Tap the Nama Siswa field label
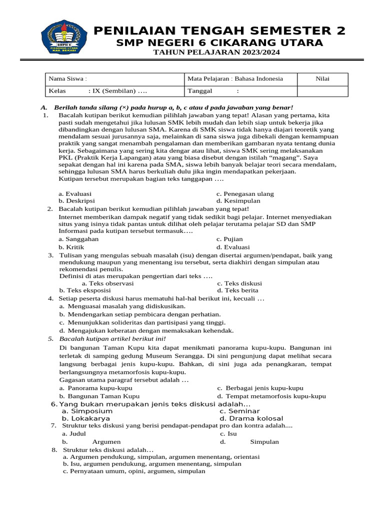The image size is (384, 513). pos(67,79)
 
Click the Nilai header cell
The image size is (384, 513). pos(322,79)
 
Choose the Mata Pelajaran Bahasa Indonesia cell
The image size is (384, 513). pos(235,79)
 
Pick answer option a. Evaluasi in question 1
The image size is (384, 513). pos(75,194)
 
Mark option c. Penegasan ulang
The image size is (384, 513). pos(245,194)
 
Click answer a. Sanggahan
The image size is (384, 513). pos(78,239)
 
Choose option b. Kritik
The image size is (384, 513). pos(71,247)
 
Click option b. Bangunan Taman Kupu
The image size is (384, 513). pos(99,396)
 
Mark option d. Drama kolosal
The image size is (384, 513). pos(251,418)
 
